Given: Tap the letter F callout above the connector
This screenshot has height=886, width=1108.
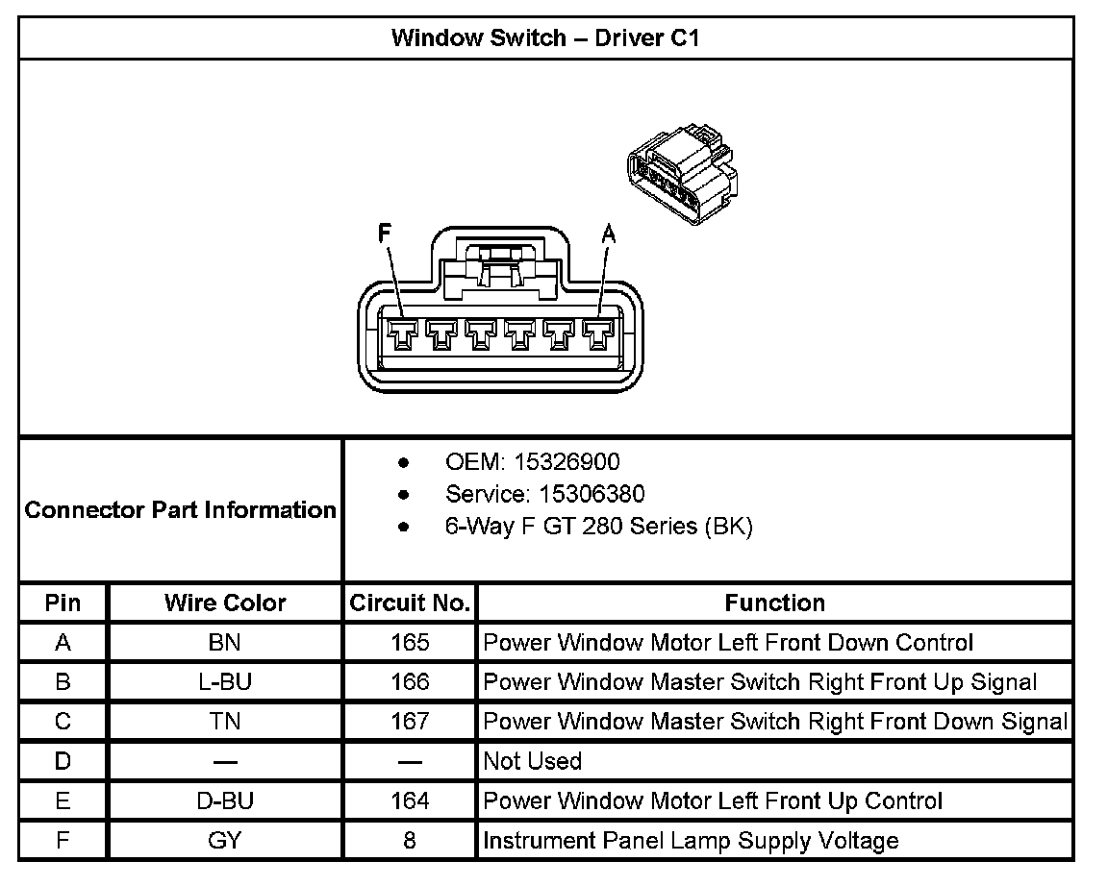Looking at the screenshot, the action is (x=385, y=233).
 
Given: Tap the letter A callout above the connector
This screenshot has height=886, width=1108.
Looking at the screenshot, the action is (x=608, y=233).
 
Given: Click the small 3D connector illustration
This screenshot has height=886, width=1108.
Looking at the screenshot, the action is (x=681, y=174).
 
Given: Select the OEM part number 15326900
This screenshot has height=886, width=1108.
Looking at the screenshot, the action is (x=567, y=462).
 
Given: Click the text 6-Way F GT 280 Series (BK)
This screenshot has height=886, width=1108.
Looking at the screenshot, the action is (x=598, y=527).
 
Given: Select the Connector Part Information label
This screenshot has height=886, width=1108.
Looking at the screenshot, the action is (x=180, y=509).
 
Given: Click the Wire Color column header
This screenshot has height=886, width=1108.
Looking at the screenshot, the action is (x=225, y=603).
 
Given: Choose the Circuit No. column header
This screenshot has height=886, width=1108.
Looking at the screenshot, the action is (x=410, y=603).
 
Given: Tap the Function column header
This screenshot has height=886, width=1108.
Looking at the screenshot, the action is (x=774, y=603).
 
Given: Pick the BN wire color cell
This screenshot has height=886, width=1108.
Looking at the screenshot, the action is (x=225, y=642).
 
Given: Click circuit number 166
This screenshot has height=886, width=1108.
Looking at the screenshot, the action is (x=410, y=682).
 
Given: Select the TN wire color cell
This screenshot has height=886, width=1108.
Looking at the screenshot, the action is (x=225, y=722).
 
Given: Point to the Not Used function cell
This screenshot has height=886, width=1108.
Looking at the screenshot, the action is (x=533, y=761).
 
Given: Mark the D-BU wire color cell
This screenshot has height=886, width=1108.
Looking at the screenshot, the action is (x=225, y=800).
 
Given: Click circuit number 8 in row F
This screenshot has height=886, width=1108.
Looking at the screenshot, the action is (x=410, y=841).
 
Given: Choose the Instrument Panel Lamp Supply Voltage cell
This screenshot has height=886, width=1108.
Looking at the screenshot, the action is (x=691, y=841).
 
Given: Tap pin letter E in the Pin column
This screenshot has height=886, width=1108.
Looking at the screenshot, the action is (x=63, y=800).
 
